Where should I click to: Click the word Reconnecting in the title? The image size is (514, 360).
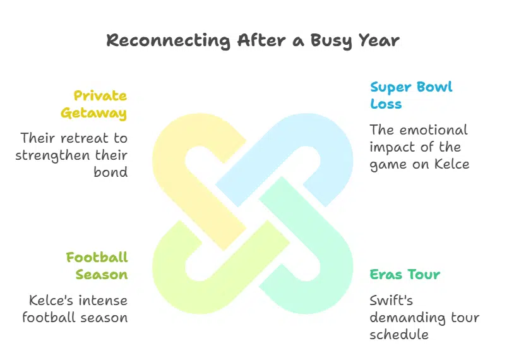point(169,41)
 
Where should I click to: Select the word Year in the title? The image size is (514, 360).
point(379,40)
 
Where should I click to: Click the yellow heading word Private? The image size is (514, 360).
point(100,96)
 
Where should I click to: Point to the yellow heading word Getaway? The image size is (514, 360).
point(93,114)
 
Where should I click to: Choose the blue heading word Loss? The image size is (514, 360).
point(386,104)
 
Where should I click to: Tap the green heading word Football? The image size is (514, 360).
point(97,257)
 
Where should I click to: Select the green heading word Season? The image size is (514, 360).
point(102,275)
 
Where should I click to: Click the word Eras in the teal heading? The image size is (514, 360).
point(385,275)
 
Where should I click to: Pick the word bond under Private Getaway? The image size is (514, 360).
point(111,172)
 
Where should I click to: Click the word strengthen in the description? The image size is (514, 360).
point(53,156)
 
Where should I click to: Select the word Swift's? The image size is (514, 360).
point(391,301)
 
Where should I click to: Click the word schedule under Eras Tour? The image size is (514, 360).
point(399,335)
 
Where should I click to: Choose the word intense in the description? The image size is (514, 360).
point(102,301)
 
